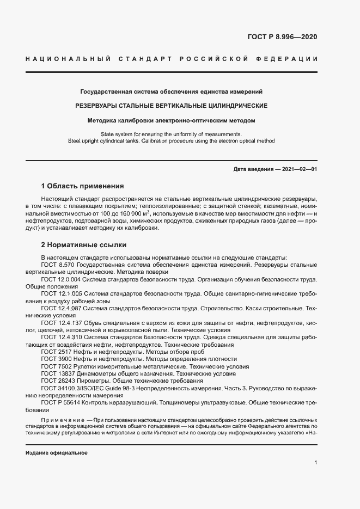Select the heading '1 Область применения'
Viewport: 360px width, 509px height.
coord(83,186)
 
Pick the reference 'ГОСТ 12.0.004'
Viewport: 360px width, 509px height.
coord(63,279)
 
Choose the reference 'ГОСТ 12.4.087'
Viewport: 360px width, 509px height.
coord(63,308)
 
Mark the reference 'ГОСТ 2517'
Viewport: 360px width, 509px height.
coord(57,352)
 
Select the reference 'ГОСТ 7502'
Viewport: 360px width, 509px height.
coord(57,367)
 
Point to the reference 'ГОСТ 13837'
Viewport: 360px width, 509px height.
coord(58,374)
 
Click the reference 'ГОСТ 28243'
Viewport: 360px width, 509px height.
coord(58,382)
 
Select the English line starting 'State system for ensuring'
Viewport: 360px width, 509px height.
coord(171,134)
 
